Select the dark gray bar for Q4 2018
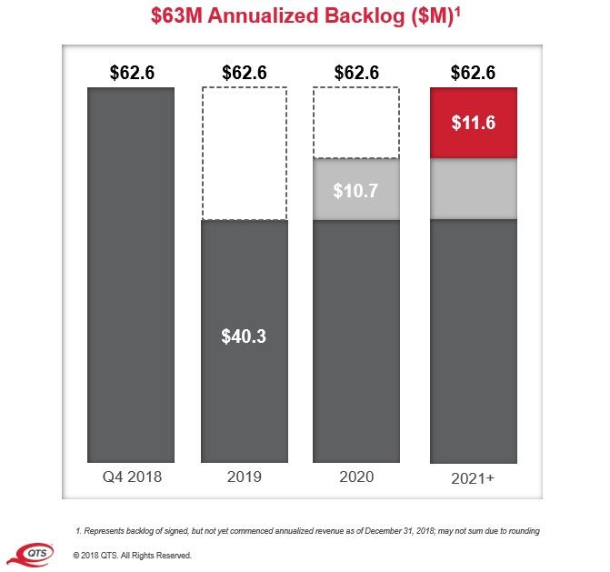pyautogui.click(x=131, y=273)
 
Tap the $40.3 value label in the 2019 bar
pyautogui.click(x=245, y=336)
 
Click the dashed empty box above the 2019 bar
pyautogui.click(x=245, y=154)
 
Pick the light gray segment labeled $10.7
pyautogui.click(x=357, y=190)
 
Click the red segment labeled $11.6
pyautogui.click(x=473, y=123)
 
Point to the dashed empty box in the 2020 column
pyautogui.click(x=357, y=123)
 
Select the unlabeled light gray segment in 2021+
pyautogui.click(x=473, y=189)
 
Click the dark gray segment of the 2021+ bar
pyautogui.click(x=473, y=341)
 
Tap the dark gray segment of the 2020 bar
pyautogui.click(x=357, y=341)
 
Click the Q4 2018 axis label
pyautogui.click(x=131, y=477)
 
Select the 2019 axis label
pyautogui.click(x=245, y=477)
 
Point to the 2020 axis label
pyautogui.click(x=357, y=477)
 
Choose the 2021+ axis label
pyautogui.click(x=473, y=477)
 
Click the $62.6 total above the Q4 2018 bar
pyautogui.click(x=131, y=73)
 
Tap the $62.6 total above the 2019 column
pyautogui.click(x=245, y=73)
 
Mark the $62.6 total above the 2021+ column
pyautogui.click(x=473, y=73)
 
